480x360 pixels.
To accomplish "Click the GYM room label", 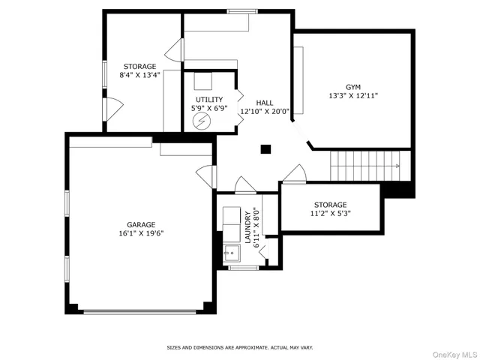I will click(352, 86).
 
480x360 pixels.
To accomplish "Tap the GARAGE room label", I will click(140, 224).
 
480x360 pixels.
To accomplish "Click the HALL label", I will click(265, 102).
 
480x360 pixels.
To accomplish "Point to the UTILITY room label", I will click(209, 99).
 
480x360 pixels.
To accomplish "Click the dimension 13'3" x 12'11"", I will click(352, 96).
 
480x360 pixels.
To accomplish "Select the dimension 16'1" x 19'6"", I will click(140, 233).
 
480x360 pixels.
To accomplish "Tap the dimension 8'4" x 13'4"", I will click(140, 75).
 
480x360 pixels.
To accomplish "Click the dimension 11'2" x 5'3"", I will click(330, 213).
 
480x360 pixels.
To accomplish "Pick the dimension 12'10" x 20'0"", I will click(265, 112).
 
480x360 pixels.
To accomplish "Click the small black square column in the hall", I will click(265, 149).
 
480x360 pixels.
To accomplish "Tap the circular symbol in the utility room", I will click(199, 121).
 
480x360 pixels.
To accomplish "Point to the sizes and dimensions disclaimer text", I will click(239, 348).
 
